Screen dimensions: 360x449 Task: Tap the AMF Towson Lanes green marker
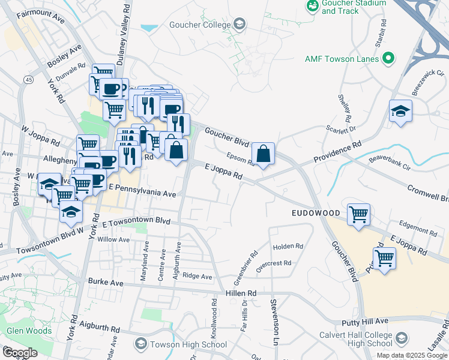click(388, 59)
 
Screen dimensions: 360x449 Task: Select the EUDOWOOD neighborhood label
click(316, 213)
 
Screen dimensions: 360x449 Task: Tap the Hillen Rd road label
click(241, 293)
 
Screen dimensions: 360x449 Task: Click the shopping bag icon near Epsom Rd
click(264, 154)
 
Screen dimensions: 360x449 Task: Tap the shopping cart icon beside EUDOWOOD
click(358, 214)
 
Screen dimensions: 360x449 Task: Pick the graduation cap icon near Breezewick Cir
click(400, 111)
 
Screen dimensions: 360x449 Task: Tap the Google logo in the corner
click(20, 352)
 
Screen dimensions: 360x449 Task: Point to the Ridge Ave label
click(197, 277)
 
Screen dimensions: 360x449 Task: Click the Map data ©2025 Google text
click(412, 355)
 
